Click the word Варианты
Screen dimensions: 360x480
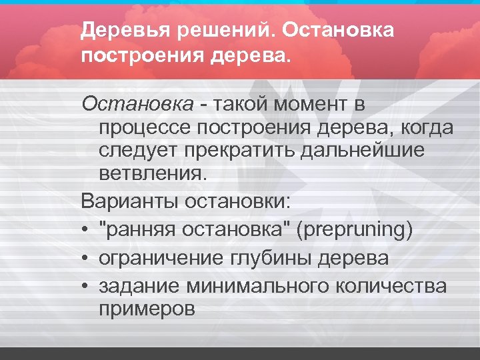click(123, 200)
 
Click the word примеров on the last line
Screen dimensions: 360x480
click(147, 309)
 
